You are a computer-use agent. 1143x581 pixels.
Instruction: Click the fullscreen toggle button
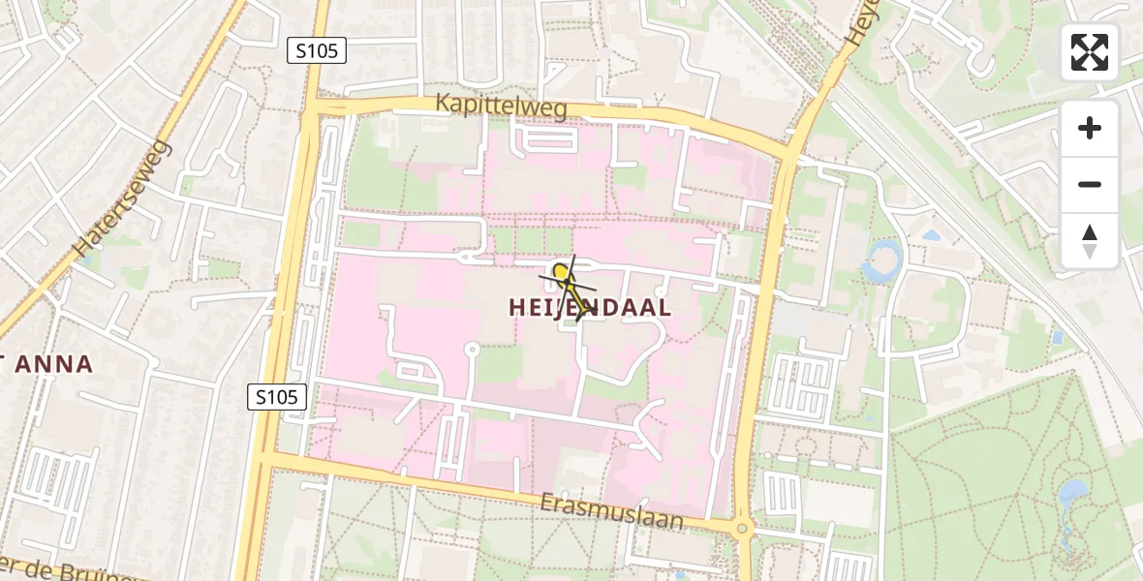pos(1090,52)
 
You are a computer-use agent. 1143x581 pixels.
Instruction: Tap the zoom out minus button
pos(1090,184)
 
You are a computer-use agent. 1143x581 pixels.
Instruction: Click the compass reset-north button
pos(1090,241)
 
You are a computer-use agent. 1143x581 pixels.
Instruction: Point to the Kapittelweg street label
pos(501,107)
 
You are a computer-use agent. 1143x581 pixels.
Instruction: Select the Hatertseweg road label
pos(123,198)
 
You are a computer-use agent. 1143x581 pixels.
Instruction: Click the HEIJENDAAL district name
pos(590,308)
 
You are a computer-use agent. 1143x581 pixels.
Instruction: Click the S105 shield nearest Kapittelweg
pos(317,50)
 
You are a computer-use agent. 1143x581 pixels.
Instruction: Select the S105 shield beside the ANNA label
pos(277,396)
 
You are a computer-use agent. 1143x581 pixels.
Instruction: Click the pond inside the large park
pos(1071,496)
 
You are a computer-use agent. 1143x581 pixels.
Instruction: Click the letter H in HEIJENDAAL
pos(517,308)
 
